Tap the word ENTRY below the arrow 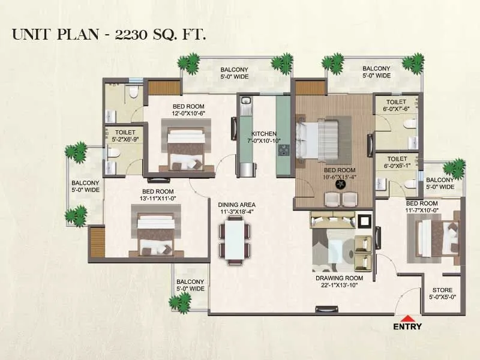(407, 327)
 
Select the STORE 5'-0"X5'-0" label (442, 292)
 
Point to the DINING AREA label (236, 208)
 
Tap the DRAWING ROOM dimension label (340, 282)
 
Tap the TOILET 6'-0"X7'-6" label (396, 106)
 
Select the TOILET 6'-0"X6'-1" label (396, 162)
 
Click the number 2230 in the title (134, 34)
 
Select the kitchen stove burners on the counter (282, 149)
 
